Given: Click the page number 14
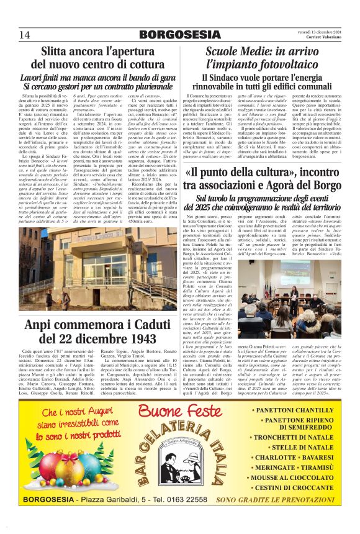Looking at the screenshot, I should [25, 34].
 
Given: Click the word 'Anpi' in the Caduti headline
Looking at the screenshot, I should [42, 324].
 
